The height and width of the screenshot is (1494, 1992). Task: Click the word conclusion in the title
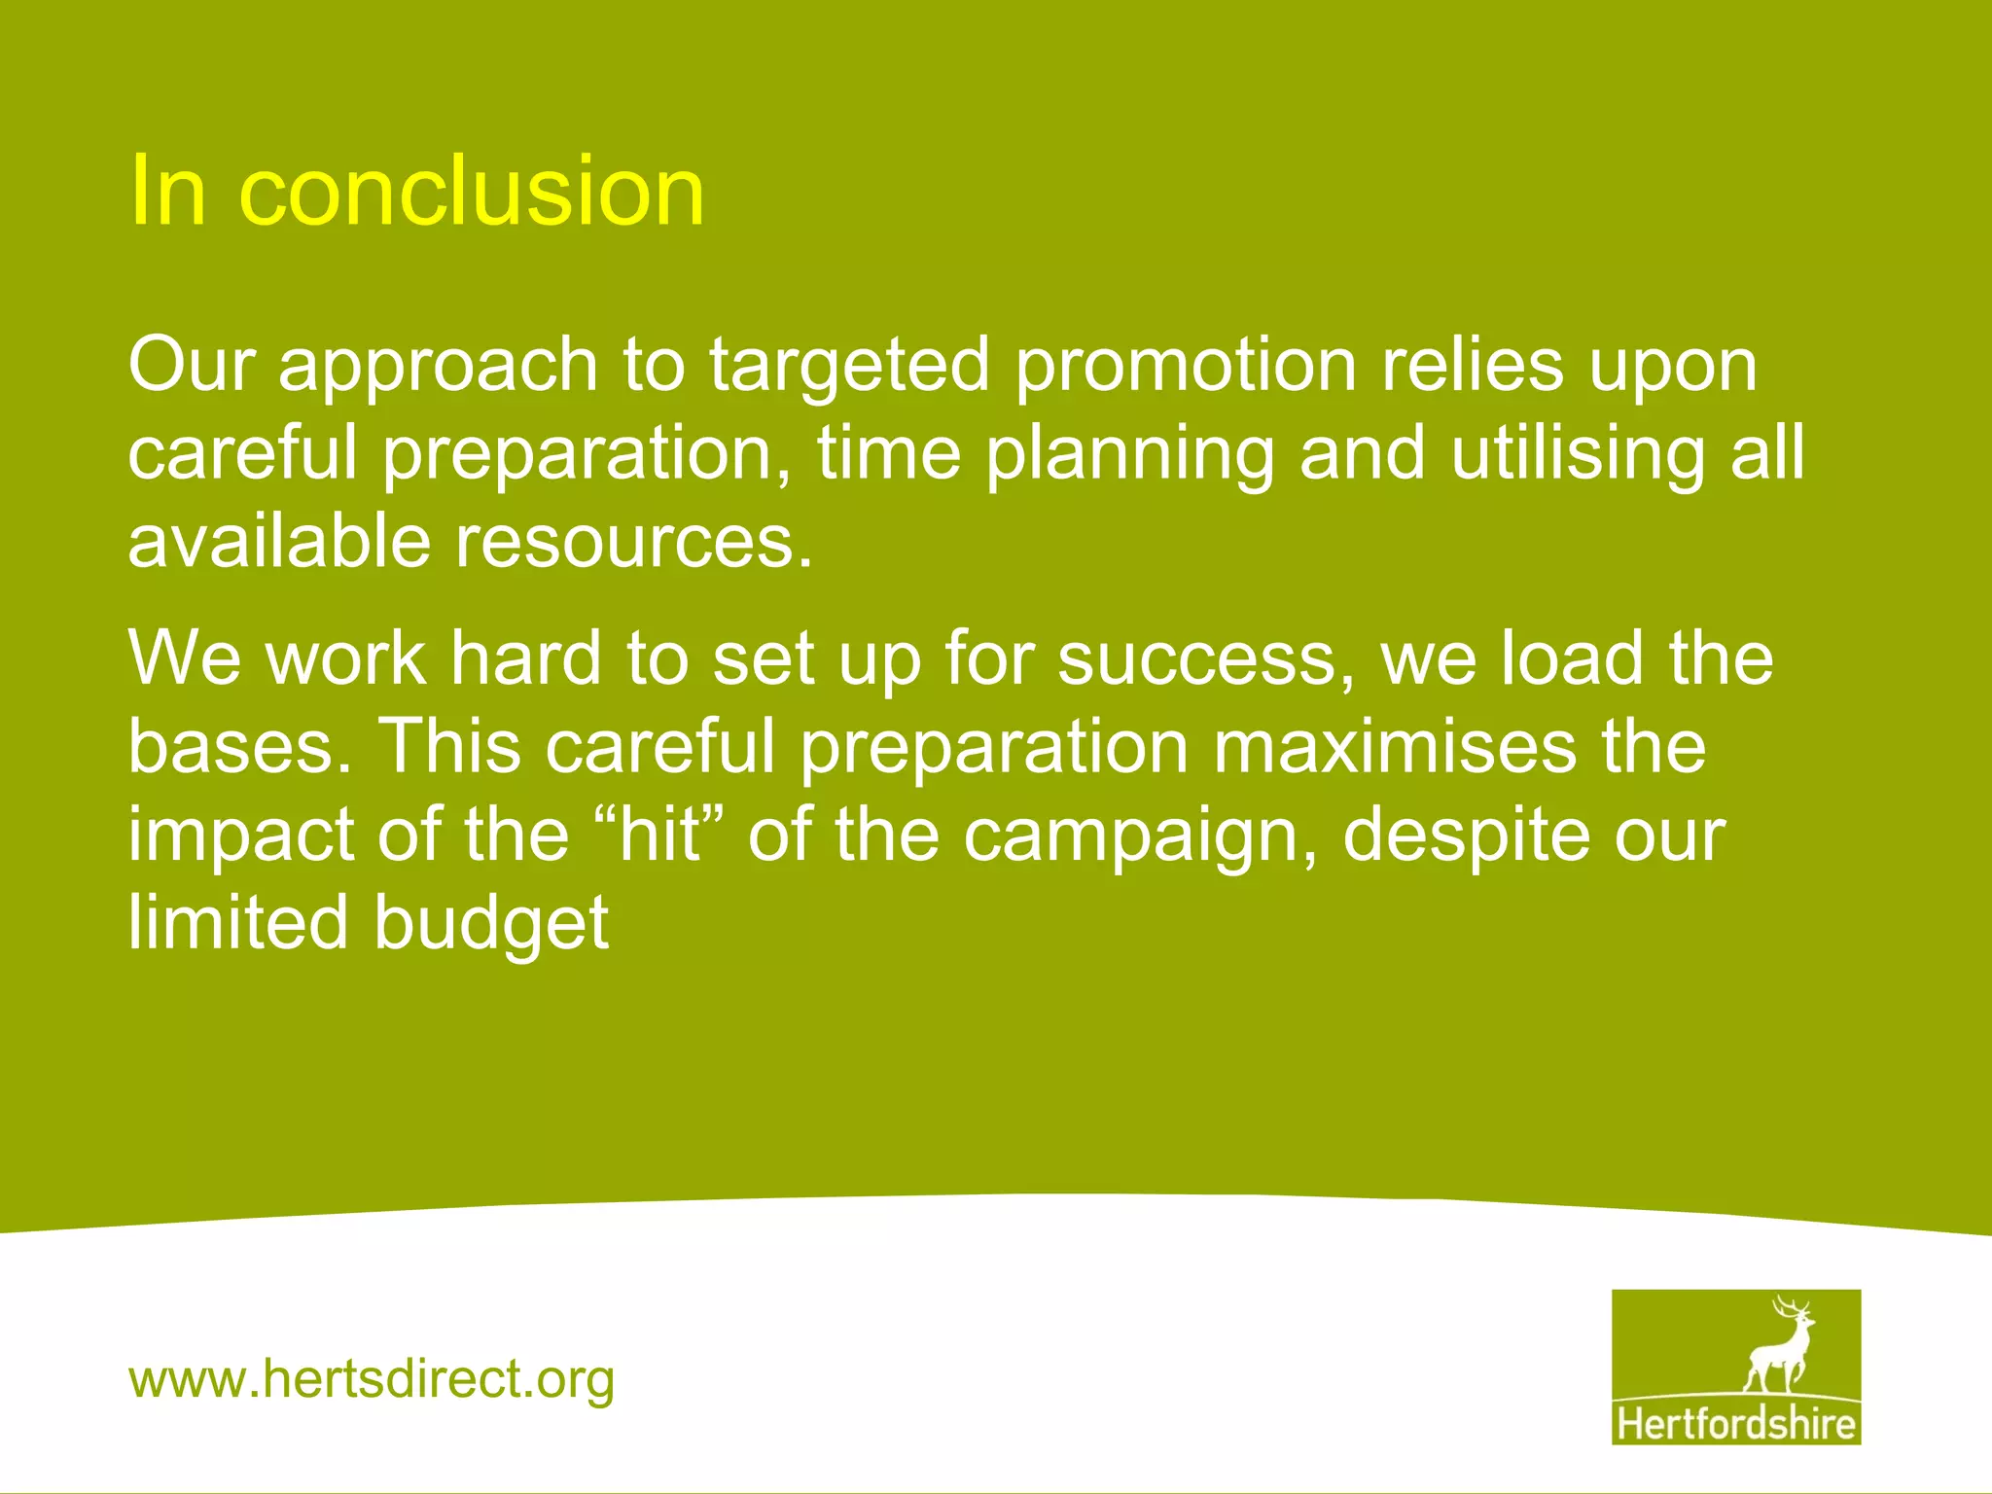pyautogui.click(x=472, y=192)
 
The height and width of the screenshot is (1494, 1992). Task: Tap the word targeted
pyautogui.click(x=848, y=367)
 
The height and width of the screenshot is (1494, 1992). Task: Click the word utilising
pyautogui.click(x=1578, y=454)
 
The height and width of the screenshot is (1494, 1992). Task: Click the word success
pyautogui.click(x=1204, y=658)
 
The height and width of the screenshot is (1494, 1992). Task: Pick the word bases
pyautogui.click(x=239, y=747)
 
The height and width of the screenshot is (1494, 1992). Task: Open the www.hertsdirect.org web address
pyautogui.click(x=372, y=1379)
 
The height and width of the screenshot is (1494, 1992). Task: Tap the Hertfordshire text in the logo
pyautogui.click(x=1736, y=1424)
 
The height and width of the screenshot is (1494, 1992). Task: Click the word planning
pyautogui.click(x=1128, y=455)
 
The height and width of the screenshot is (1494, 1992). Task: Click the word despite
pyautogui.click(x=1465, y=836)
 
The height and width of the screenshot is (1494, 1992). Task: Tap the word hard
pyautogui.click(x=525, y=658)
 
